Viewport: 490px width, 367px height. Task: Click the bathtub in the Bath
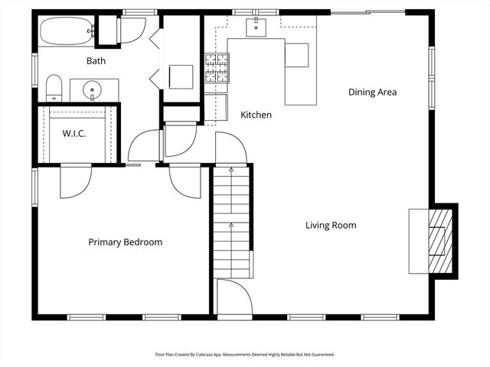point(66,32)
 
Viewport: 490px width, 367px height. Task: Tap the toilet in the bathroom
point(54,87)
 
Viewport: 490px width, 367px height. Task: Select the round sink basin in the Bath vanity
point(93,90)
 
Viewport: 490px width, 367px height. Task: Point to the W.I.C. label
point(74,134)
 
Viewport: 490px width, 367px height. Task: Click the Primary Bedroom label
point(125,242)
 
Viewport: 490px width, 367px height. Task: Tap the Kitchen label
point(256,115)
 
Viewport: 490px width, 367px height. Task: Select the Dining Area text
point(372,92)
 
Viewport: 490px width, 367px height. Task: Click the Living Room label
point(331,225)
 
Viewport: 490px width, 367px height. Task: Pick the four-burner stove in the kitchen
point(217,68)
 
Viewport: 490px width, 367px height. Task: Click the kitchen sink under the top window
point(256,28)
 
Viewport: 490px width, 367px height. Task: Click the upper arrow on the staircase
point(230,172)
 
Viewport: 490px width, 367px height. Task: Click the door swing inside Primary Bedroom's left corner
point(76,181)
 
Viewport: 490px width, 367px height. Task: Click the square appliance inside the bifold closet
point(181,76)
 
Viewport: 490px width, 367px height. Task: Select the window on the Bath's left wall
point(34,67)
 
